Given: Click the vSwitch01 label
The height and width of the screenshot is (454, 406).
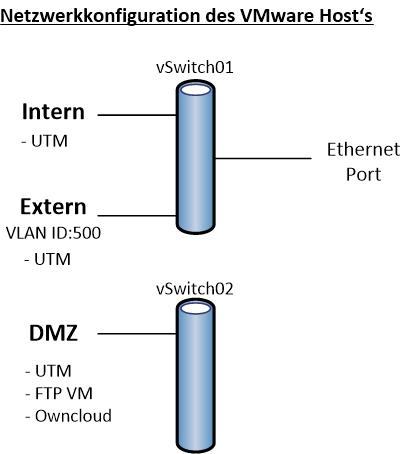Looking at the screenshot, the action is tap(195, 67).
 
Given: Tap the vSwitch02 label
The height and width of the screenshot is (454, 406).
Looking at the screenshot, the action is tap(195, 288).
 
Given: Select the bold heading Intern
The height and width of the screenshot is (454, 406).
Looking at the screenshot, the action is tap(53, 112).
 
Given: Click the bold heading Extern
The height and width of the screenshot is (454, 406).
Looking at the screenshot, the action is tap(53, 207).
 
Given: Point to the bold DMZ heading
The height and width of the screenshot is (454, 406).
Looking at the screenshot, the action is tap(53, 333).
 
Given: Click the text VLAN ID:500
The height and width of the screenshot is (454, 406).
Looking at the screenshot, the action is tap(53, 233).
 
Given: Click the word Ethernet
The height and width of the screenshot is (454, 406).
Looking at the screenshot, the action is tap(363, 149).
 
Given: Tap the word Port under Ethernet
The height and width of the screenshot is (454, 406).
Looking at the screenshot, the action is tap(363, 174).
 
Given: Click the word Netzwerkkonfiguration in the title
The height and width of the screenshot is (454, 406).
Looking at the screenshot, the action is tap(101, 16).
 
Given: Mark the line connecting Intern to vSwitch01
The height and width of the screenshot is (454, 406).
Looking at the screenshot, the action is tap(137, 115).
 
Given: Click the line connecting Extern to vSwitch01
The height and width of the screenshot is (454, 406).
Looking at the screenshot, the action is tap(137, 215).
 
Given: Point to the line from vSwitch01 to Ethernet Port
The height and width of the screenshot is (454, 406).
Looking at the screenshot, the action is tap(263, 158).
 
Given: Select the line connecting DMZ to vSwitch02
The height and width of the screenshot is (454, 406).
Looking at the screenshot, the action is tap(137, 333).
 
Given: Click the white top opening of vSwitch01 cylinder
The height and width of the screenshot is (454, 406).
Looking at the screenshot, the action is tap(196, 90).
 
